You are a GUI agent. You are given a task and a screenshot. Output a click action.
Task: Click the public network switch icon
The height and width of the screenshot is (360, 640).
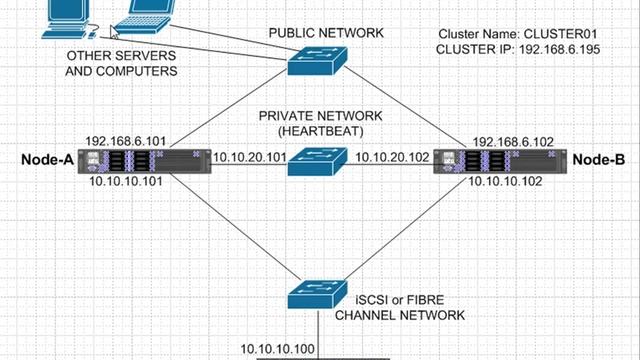318,60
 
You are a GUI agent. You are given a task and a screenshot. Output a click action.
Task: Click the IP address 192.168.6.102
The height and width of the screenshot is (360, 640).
510,141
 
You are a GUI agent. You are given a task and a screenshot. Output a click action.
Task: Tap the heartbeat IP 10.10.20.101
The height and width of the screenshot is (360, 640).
251,157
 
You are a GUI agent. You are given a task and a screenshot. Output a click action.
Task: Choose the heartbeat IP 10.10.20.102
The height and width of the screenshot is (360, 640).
391,157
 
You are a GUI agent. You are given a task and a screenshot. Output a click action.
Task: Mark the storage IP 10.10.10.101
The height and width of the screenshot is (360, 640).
123,182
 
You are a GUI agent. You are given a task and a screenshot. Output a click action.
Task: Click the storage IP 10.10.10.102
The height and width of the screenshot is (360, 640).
509,182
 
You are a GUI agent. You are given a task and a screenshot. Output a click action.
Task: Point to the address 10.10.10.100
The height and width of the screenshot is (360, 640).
277,349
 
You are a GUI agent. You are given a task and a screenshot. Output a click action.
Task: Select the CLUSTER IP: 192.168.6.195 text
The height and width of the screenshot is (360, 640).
518,48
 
